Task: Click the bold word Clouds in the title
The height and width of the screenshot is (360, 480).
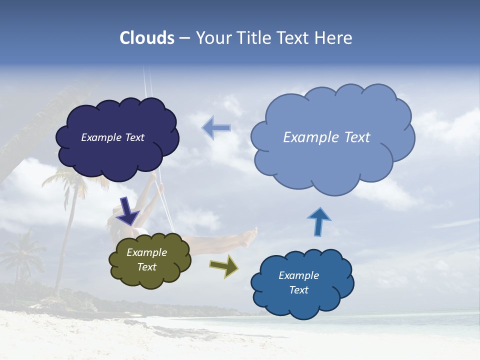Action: [147, 38]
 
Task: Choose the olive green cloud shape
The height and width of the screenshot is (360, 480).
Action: [150, 277]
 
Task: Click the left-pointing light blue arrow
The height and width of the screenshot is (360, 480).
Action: [216, 127]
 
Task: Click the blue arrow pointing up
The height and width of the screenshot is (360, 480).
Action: [318, 221]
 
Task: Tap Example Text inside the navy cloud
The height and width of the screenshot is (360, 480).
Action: [112, 137]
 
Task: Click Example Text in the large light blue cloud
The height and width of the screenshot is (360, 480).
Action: [326, 137]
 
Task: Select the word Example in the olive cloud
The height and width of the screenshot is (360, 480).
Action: [147, 252]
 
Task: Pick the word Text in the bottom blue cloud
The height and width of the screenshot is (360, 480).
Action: [299, 290]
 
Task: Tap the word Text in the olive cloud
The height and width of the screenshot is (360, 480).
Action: [147, 267]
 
